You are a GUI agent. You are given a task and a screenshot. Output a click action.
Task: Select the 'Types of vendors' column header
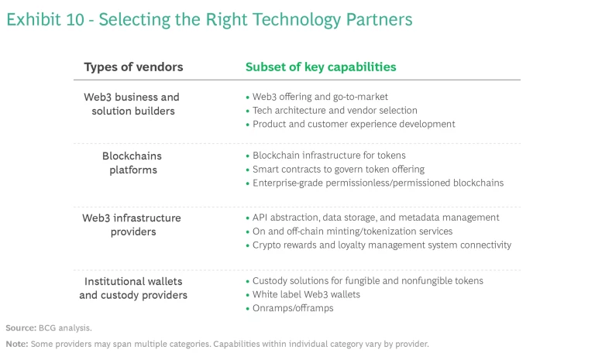click(x=133, y=67)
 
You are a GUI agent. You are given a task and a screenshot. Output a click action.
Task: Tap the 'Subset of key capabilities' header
click(x=321, y=67)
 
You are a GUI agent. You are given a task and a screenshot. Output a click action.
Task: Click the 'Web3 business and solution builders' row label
click(x=132, y=104)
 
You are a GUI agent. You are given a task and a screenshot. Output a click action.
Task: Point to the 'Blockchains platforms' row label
click(x=132, y=163)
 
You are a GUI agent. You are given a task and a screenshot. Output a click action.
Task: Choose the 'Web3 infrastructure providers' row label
click(x=132, y=225)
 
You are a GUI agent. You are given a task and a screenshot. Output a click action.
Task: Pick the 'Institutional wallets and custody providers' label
click(x=133, y=288)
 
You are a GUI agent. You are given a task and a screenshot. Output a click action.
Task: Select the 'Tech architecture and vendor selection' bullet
click(x=335, y=111)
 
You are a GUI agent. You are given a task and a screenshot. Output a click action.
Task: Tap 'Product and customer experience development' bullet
click(x=353, y=124)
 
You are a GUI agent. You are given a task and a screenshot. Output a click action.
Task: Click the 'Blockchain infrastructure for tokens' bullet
click(x=328, y=156)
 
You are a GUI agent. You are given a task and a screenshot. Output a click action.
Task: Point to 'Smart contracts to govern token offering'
click(x=339, y=169)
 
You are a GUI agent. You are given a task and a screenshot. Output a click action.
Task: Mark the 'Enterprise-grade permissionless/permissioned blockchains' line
click(x=378, y=183)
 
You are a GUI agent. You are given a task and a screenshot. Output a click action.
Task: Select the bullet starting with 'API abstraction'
click(x=376, y=218)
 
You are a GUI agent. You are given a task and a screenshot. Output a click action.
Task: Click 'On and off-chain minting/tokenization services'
click(x=353, y=231)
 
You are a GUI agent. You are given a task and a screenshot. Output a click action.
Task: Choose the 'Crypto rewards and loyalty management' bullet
click(x=382, y=245)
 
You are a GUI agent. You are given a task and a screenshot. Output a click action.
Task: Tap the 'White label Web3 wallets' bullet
click(x=306, y=294)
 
